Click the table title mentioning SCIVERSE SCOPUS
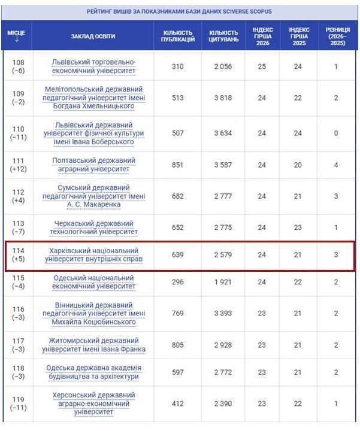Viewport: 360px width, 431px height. tap(180, 10)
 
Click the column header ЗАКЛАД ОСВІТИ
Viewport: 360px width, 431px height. tap(93, 36)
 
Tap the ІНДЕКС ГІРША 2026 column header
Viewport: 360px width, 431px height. tap(262, 36)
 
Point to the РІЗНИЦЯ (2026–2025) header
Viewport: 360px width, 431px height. tap(336, 36)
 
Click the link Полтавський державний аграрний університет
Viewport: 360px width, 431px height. tap(94, 165)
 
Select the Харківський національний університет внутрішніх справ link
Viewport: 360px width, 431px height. tap(94, 255)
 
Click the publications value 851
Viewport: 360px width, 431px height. tap(178, 165)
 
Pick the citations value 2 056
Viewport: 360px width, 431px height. tap(222, 66)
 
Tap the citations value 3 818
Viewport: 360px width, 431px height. tap(222, 98)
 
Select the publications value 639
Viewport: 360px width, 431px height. tap(178, 255)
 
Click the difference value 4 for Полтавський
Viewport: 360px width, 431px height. tap(336, 165)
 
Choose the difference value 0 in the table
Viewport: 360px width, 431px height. tap(336, 133)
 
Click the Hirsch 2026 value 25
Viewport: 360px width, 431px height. tap(262, 66)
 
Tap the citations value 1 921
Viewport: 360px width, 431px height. tap(222, 282)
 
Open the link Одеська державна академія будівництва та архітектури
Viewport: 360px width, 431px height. tap(93, 372)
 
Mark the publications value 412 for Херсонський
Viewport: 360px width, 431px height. tap(178, 403)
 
